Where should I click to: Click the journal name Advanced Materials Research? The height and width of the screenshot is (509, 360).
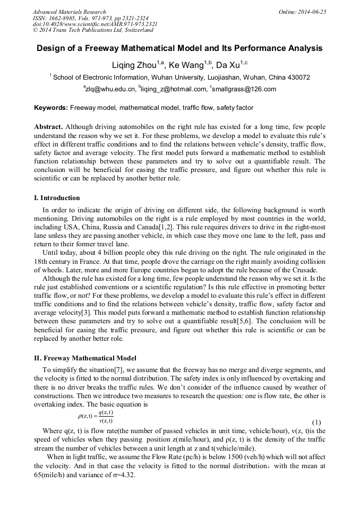coord(70,12)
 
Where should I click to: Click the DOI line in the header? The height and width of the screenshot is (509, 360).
coord(95,24)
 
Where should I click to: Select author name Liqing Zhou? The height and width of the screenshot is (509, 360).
coord(137,65)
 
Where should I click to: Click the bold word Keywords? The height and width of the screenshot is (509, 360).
coord(50,108)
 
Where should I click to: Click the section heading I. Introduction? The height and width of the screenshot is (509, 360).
coord(57,198)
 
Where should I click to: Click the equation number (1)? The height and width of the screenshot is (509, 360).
coord(317,422)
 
